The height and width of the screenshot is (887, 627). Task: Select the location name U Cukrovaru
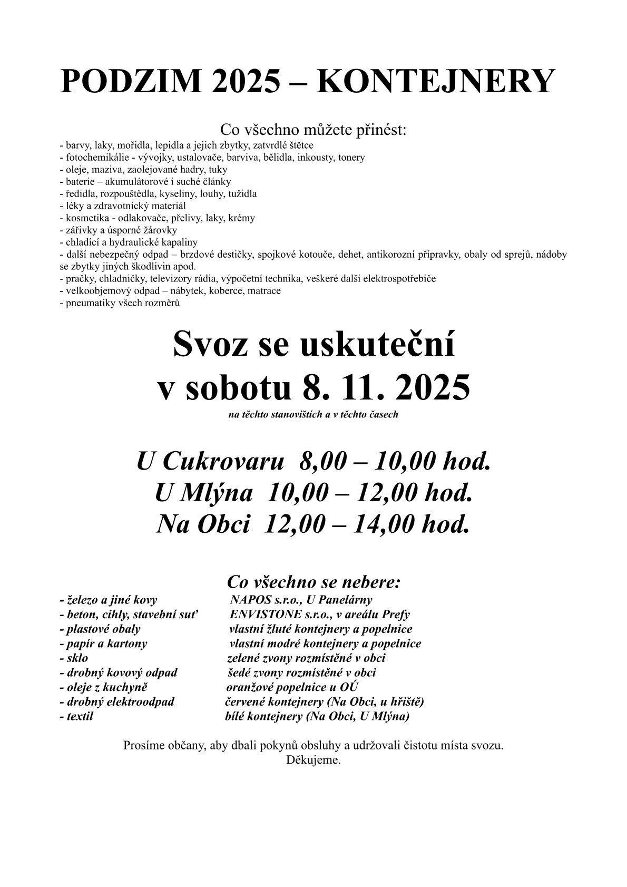click(x=211, y=462)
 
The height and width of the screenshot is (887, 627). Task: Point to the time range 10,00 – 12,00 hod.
click(x=368, y=493)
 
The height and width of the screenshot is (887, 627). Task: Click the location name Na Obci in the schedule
click(x=202, y=524)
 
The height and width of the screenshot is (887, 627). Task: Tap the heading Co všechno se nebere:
click(x=314, y=582)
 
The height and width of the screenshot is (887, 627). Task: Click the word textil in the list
click(x=80, y=716)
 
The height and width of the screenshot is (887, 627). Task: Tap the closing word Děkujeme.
click(x=313, y=760)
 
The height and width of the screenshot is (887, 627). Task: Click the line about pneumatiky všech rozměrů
click(x=123, y=303)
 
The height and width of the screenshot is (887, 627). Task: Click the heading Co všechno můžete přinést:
click(x=313, y=130)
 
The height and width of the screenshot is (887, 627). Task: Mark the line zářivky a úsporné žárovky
click(x=121, y=230)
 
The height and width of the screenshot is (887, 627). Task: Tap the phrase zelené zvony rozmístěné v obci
click(x=306, y=658)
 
